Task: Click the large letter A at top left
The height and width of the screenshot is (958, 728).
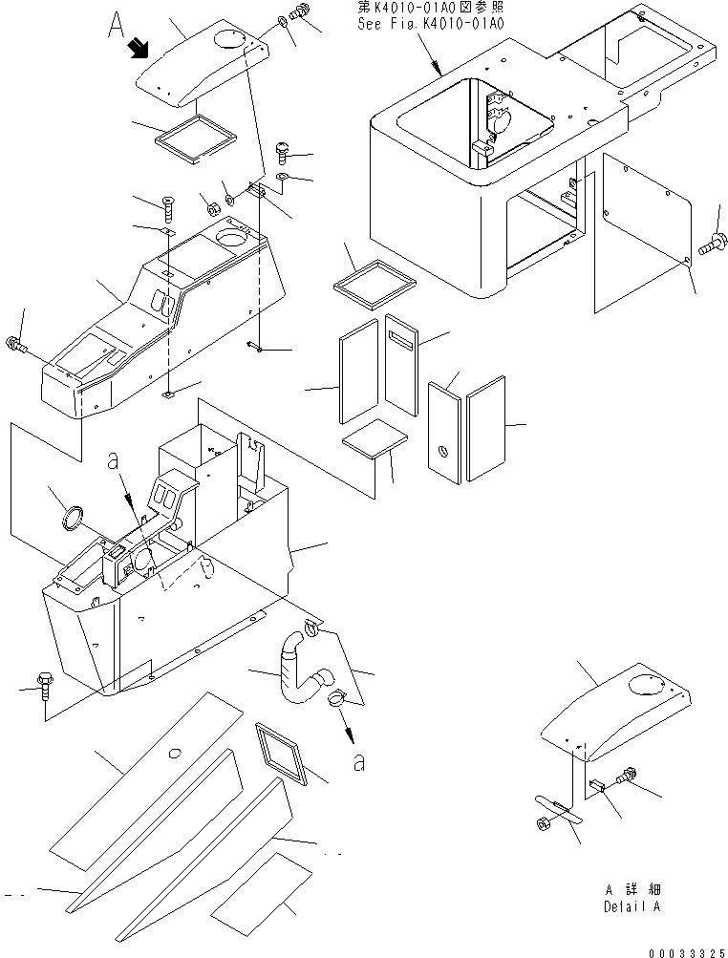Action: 116,20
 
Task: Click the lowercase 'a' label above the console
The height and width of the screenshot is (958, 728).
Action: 114,459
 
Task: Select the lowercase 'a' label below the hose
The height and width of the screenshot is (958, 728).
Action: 357,761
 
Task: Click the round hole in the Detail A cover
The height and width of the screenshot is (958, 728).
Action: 649,686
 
